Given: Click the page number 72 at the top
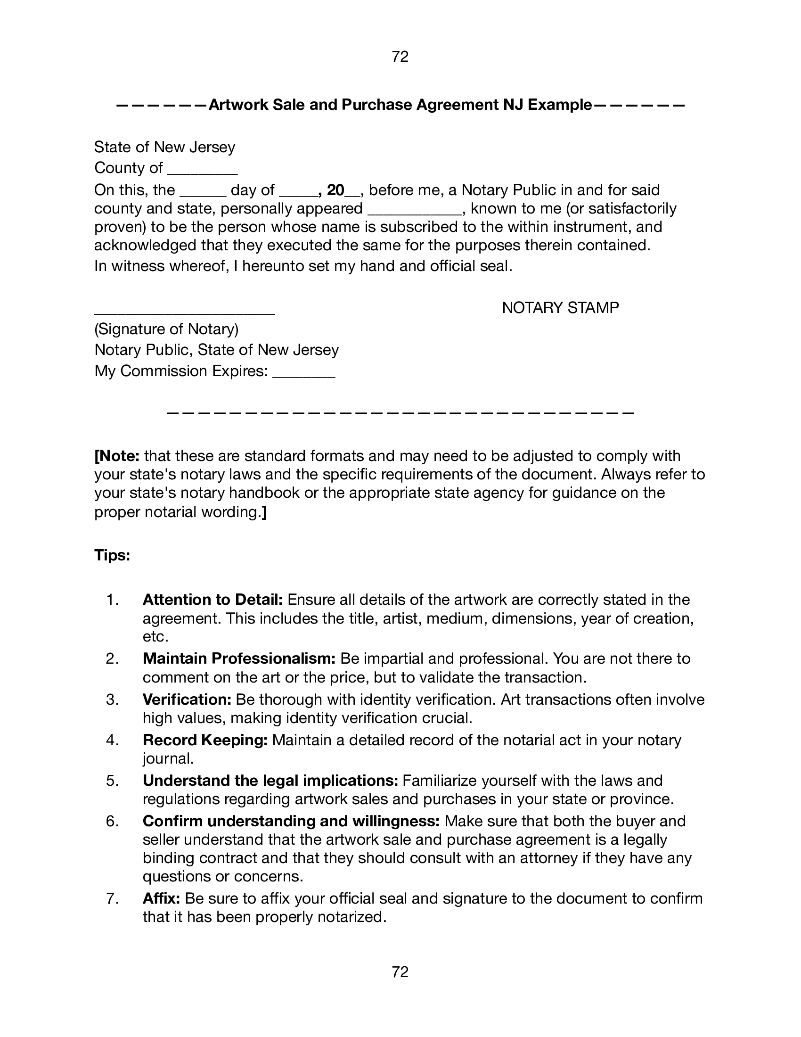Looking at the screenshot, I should click(x=400, y=57).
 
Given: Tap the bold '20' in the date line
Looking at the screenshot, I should click(x=335, y=190).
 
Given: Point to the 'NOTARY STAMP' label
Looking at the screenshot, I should click(x=560, y=308).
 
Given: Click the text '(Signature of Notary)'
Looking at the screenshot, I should click(x=166, y=329).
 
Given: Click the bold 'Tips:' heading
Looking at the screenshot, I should click(x=113, y=555).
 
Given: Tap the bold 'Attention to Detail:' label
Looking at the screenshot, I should click(x=213, y=600).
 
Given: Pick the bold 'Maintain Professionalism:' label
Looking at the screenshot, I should click(x=239, y=658).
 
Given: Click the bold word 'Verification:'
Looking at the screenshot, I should click(x=187, y=700).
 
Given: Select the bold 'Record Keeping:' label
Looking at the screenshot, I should click(x=205, y=740).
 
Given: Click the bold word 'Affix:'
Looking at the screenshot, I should click(x=161, y=898).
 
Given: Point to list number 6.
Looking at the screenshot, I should click(x=112, y=821).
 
